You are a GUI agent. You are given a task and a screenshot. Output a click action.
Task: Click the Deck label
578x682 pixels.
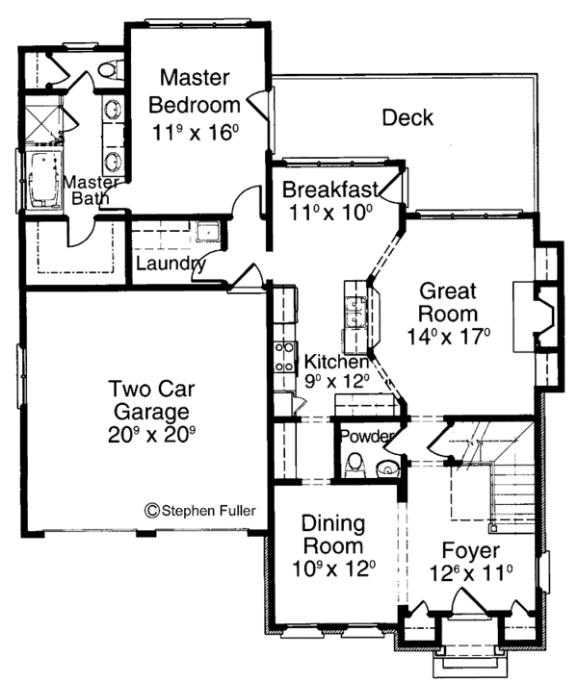click(x=407, y=117)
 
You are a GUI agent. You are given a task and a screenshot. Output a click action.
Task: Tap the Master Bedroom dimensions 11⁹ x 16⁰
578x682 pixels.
click(x=196, y=132)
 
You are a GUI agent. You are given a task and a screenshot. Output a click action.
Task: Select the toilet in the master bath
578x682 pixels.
click(x=110, y=69)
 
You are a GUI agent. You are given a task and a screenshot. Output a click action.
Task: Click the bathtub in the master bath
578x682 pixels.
click(x=44, y=181)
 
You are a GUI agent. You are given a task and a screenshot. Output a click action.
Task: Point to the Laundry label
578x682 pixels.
click(x=171, y=264)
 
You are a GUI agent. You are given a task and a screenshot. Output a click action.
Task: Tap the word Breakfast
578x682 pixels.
click(x=330, y=189)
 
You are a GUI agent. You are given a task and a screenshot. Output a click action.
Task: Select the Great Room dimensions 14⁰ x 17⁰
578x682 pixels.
click(x=449, y=337)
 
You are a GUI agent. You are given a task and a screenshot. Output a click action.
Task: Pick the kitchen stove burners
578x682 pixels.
click(x=283, y=357)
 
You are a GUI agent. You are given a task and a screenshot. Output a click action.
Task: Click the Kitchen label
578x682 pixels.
click(x=336, y=362)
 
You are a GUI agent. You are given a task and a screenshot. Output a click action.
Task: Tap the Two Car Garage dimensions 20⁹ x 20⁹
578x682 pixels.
click(x=151, y=434)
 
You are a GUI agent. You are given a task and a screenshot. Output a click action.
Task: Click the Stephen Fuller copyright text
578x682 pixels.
click(x=200, y=510)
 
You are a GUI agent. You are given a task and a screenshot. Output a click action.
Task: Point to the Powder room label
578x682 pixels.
click(x=367, y=436)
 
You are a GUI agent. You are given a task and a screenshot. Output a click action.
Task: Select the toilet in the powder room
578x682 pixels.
click(x=355, y=465)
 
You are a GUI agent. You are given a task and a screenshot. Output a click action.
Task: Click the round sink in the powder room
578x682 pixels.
click(x=387, y=468)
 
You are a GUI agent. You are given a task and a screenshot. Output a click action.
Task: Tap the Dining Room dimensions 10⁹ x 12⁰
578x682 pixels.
click(x=333, y=568)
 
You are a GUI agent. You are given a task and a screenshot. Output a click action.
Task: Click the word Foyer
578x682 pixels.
click(x=471, y=550)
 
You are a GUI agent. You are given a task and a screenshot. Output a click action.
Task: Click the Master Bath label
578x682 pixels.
click(x=91, y=190)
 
